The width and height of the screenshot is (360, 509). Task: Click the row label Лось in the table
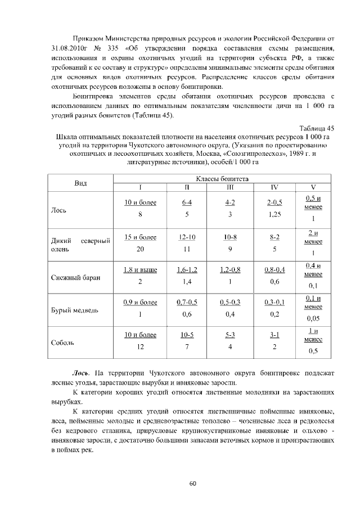(58, 210)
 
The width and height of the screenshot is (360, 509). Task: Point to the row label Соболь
(61, 342)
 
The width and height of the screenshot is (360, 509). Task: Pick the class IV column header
(274, 187)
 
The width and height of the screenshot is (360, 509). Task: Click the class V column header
(313, 187)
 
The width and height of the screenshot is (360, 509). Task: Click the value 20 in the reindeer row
(140, 249)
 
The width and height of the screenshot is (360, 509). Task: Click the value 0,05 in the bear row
(313, 318)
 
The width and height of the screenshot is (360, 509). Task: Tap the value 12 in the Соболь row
(140, 346)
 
